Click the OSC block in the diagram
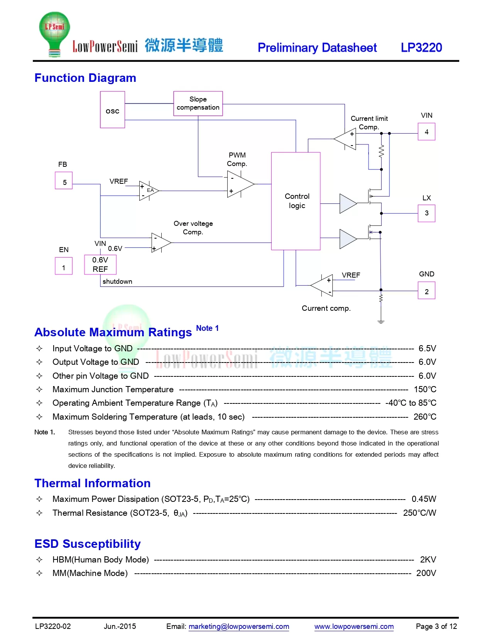click(x=112, y=109)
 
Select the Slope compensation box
click(x=198, y=103)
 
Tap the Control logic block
click(x=296, y=201)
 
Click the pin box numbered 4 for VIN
click(x=426, y=132)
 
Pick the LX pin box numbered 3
click(x=426, y=213)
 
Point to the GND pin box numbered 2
click(x=426, y=290)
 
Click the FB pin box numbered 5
click(x=64, y=180)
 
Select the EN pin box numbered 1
click(x=64, y=266)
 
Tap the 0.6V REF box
click(x=100, y=264)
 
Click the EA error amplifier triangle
click(x=149, y=191)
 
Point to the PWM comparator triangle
click(x=240, y=184)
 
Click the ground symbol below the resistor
click(x=380, y=322)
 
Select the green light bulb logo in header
click(x=54, y=34)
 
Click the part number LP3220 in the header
click(x=421, y=47)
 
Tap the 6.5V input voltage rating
click(x=427, y=348)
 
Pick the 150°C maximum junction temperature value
click(x=425, y=389)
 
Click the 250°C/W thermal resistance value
click(x=419, y=513)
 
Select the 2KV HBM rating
click(x=428, y=559)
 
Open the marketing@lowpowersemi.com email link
click(x=238, y=627)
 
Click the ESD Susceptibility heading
click(x=88, y=544)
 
